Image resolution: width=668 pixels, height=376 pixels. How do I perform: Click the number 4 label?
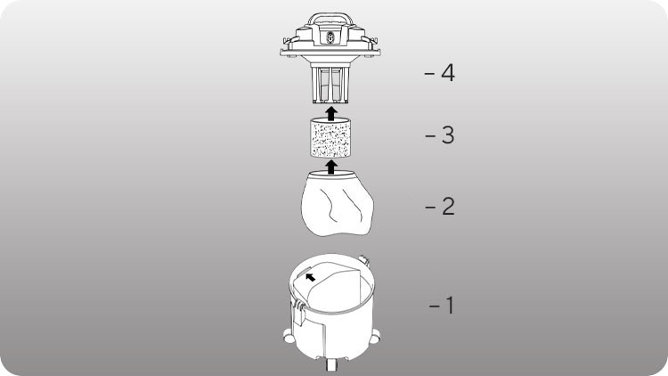click(448, 72)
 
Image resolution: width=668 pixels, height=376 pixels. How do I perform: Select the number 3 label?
click(448, 135)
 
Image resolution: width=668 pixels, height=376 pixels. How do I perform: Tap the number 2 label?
click(448, 206)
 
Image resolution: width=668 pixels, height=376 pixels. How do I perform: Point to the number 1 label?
click(449, 306)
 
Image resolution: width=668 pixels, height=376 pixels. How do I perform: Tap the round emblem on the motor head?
click(330, 38)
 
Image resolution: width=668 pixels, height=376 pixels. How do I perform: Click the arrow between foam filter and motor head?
click(331, 113)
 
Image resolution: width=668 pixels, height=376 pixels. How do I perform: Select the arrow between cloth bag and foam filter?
click(331, 167)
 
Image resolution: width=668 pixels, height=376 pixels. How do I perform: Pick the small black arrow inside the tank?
click(311, 277)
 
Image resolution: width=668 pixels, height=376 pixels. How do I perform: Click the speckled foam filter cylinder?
click(330, 138)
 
